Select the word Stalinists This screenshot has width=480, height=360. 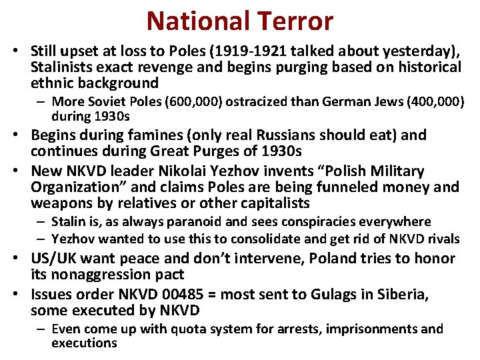point(63,67)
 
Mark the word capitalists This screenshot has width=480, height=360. point(269,203)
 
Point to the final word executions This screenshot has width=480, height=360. point(84,343)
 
